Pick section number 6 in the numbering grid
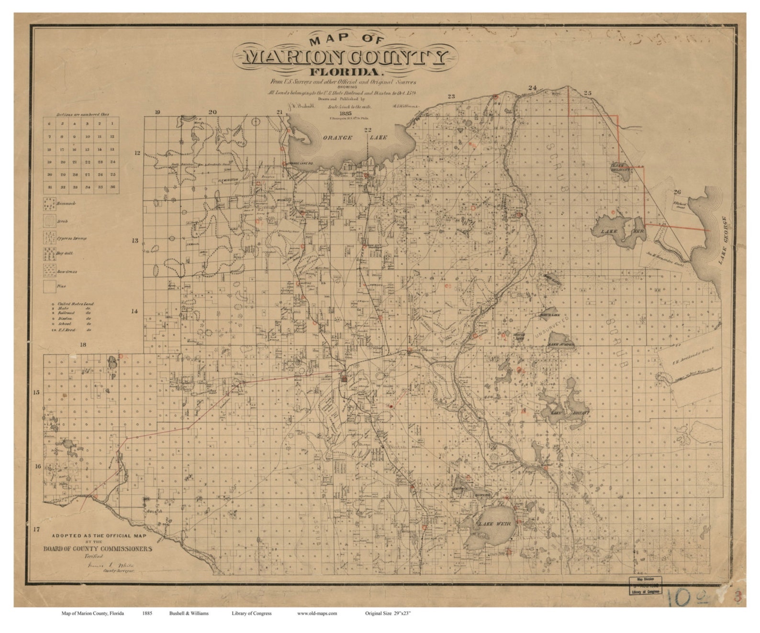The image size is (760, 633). (49, 124)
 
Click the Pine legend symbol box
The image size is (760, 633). (49, 287)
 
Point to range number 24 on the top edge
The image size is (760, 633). (532, 88)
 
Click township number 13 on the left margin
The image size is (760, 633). (135, 241)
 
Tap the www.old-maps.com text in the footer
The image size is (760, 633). (317, 613)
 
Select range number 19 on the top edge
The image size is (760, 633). (157, 112)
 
